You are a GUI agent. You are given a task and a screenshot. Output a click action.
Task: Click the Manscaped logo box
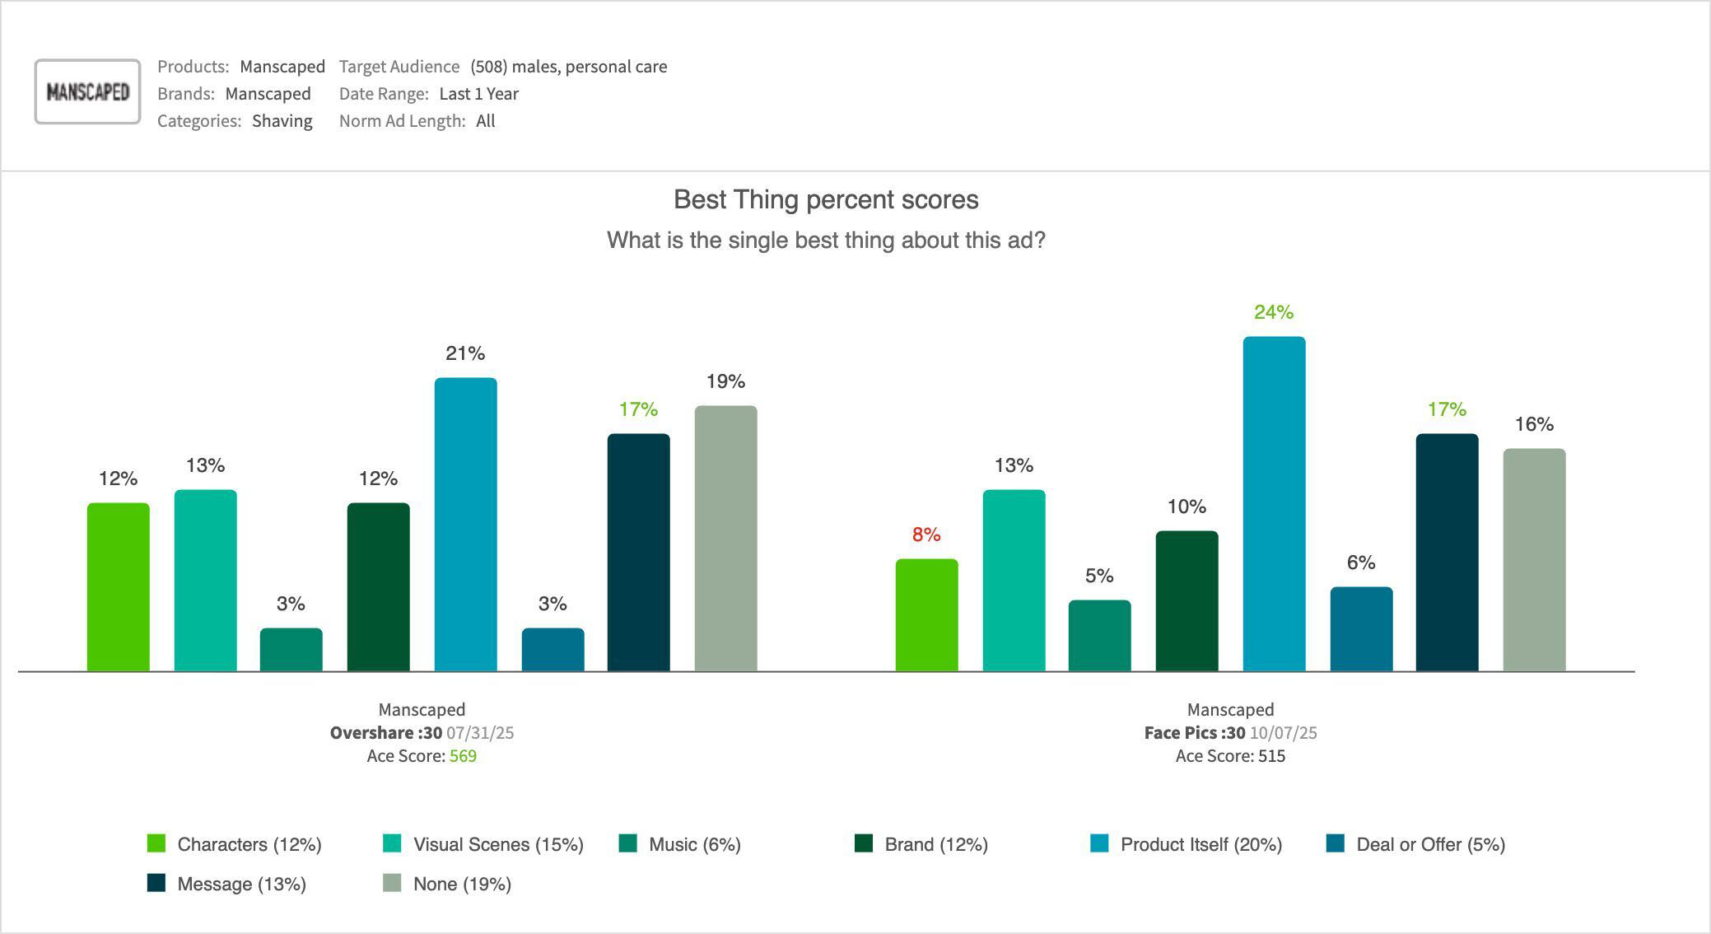click(x=87, y=91)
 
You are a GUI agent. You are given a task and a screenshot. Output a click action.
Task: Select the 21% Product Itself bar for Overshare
click(x=465, y=525)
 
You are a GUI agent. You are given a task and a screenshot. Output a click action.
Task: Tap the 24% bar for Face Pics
click(x=1274, y=504)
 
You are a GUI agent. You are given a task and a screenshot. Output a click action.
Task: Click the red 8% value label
click(x=926, y=535)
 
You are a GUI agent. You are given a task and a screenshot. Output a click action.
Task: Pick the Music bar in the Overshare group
click(x=291, y=650)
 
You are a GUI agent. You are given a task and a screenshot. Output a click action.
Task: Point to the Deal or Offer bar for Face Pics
click(x=1361, y=629)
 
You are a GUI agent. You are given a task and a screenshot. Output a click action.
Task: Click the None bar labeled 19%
click(x=725, y=539)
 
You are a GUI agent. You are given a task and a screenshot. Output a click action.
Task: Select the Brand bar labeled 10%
click(x=1187, y=601)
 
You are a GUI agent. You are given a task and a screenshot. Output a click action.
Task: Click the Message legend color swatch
click(x=156, y=884)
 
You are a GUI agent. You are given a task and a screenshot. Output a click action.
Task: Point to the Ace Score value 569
click(x=463, y=756)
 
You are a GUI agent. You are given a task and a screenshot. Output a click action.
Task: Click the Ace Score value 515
click(x=1271, y=756)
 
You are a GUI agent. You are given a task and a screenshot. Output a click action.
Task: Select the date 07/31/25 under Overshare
click(x=480, y=733)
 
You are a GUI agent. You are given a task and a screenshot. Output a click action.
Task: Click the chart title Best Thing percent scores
click(x=826, y=199)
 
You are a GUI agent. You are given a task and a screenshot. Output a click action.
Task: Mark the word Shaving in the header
click(x=282, y=121)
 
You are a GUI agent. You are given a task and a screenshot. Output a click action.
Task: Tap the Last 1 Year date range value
click(x=478, y=94)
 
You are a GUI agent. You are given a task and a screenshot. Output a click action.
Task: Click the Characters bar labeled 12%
click(x=119, y=587)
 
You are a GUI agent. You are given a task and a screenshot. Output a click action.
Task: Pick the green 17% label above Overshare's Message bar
click(x=638, y=409)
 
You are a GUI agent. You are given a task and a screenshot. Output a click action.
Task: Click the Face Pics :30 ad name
click(x=1194, y=733)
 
